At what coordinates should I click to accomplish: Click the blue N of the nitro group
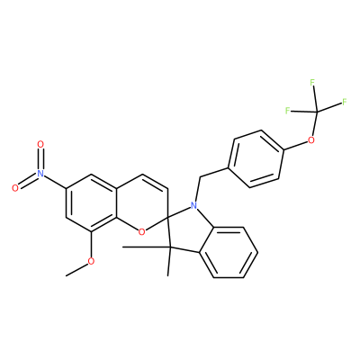40,173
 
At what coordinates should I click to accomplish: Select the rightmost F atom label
344,102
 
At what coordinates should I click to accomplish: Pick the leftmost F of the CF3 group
287,111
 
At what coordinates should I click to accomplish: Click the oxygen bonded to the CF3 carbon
311,139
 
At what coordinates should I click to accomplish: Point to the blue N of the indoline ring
194,205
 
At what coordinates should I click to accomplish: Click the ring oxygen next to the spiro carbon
142,231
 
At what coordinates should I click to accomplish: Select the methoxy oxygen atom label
91,261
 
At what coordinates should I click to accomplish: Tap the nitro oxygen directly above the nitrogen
40,144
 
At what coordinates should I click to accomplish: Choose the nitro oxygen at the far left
15,188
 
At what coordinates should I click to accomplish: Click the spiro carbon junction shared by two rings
167,216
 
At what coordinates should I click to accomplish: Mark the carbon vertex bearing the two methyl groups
169,247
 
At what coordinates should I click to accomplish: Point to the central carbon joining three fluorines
316,112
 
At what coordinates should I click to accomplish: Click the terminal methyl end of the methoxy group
67,275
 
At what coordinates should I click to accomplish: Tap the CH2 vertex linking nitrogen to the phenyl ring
200,177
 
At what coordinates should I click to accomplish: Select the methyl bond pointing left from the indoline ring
146,247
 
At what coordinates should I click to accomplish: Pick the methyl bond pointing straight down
168,262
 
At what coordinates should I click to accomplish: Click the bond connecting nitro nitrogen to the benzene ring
55,181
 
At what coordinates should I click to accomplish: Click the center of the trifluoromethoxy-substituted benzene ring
256,159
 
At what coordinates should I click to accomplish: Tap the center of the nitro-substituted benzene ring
91,202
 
